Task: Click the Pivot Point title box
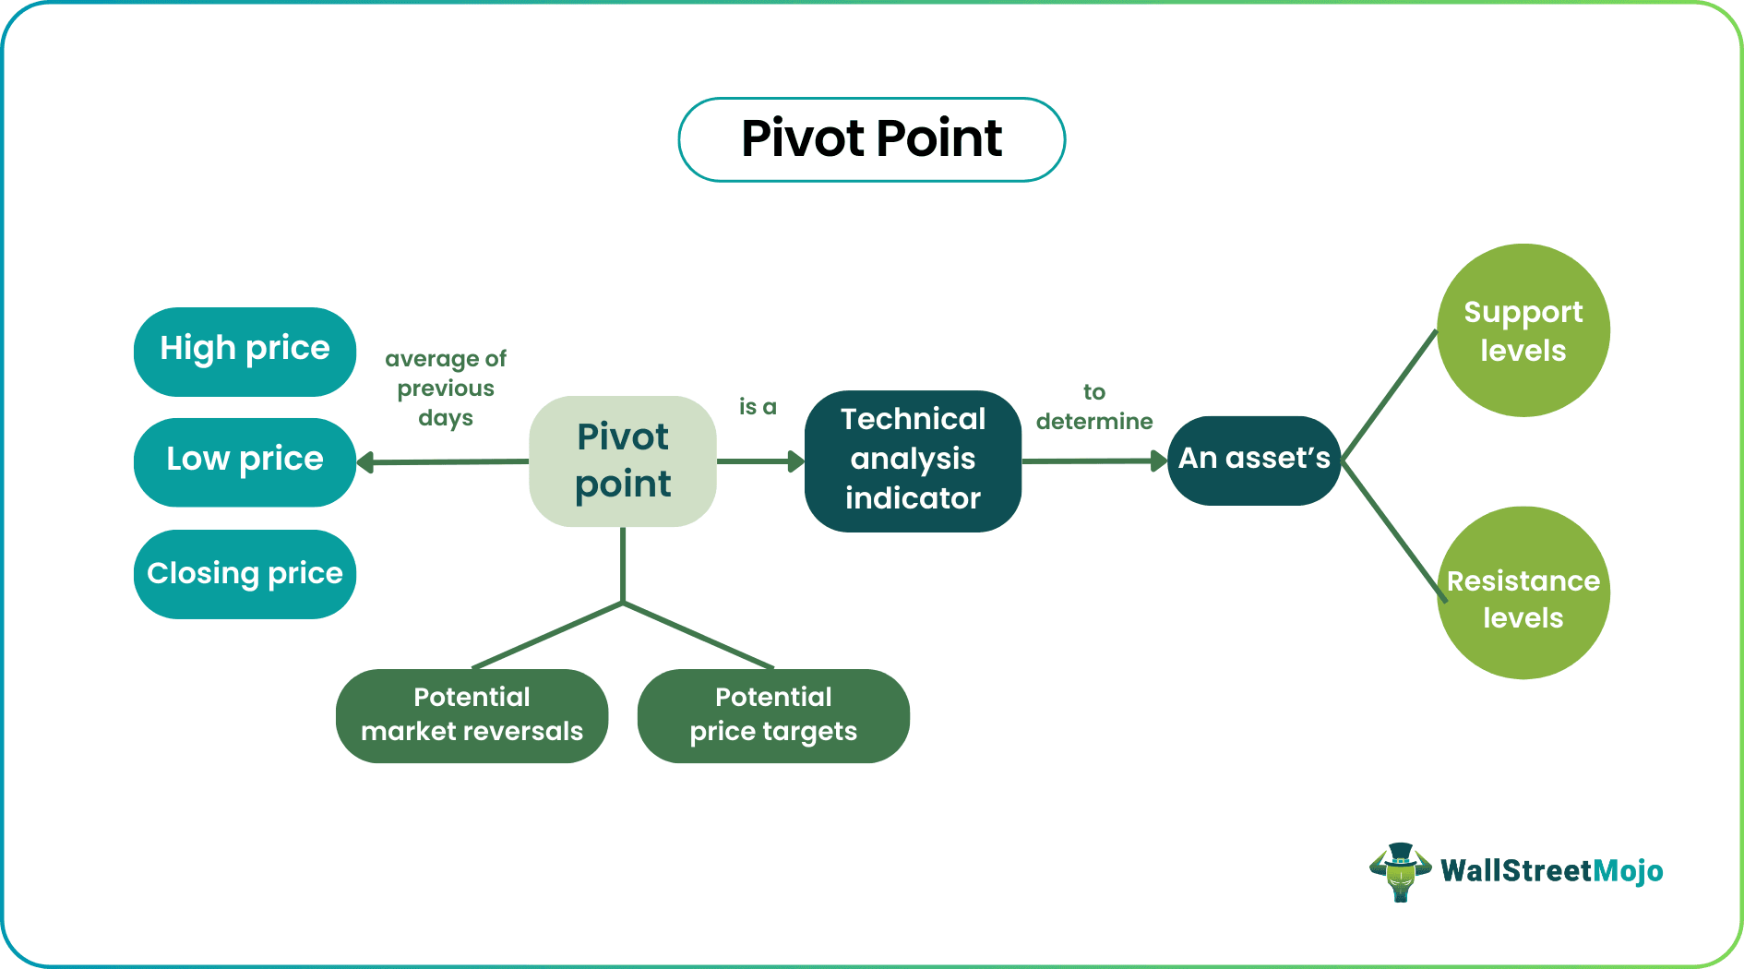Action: pos(871,139)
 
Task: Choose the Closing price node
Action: pos(245,574)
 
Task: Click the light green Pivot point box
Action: pos(623,461)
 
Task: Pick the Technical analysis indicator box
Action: pos(913,460)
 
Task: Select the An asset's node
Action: pos(1253,460)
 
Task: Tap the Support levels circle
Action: pos(1523,330)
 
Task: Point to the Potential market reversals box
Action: pos(472,715)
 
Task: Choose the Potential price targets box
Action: pos(773,715)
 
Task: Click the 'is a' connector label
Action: pos(758,407)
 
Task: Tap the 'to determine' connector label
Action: pos(1094,407)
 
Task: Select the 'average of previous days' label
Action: pos(446,388)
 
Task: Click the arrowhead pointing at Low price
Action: pos(365,462)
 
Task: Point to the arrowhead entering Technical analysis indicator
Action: pos(795,461)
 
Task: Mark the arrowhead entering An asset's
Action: pos(1159,461)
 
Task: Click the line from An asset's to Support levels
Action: pos(1390,394)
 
